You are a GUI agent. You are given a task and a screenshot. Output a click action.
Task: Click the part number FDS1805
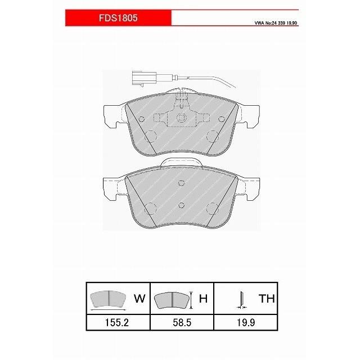coord(118,18)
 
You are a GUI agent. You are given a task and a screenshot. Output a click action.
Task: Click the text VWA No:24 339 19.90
coord(276,23)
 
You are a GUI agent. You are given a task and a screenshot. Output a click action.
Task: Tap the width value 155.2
coord(117,322)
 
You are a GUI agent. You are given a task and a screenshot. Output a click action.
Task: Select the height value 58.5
coord(182,322)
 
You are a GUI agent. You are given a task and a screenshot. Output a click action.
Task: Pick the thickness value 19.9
coord(246,322)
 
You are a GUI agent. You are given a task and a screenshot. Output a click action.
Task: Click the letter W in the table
coord(139,298)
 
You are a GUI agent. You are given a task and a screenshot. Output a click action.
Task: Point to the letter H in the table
coord(204,298)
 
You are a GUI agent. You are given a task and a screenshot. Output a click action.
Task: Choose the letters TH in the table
coord(267,298)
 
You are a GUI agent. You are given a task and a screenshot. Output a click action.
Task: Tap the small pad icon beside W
coord(108,299)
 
